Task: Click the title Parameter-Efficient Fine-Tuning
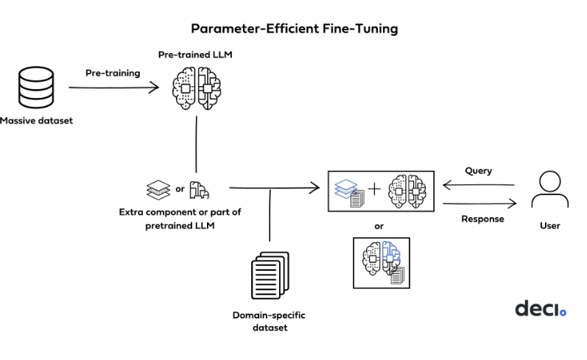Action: [x=295, y=29]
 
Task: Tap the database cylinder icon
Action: [x=36, y=88]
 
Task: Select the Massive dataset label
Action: [x=36, y=121]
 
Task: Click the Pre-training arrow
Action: [x=114, y=88]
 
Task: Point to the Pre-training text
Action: [x=113, y=73]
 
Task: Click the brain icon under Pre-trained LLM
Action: [x=197, y=88]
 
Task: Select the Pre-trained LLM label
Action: [x=195, y=54]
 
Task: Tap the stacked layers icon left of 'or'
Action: [x=158, y=190]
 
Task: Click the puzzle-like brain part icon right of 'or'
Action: [x=199, y=190]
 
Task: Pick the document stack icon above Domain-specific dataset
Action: [x=270, y=275]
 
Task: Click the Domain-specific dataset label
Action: [x=269, y=321]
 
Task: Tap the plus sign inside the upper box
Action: [x=374, y=189]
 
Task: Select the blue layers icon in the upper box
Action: [x=345, y=188]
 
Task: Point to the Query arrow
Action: [x=479, y=185]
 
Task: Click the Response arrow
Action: [x=479, y=204]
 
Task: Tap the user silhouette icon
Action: [x=550, y=189]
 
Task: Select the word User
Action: [x=550, y=226]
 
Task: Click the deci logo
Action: [x=541, y=308]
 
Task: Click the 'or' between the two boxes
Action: [x=379, y=226]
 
